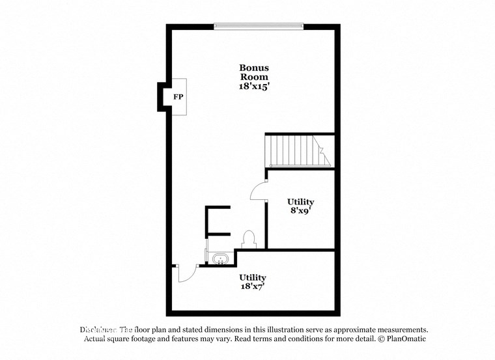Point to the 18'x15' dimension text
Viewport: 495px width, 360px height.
(x=253, y=85)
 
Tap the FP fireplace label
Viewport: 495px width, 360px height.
(x=178, y=97)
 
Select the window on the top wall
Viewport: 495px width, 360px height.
(x=259, y=27)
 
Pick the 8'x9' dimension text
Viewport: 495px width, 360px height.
(x=300, y=211)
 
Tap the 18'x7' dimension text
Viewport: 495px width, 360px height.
(x=252, y=286)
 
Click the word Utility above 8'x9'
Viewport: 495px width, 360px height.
(x=300, y=202)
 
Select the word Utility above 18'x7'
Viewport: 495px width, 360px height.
(x=252, y=277)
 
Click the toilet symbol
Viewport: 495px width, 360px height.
(x=248, y=239)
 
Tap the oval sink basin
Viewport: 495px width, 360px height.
(x=221, y=260)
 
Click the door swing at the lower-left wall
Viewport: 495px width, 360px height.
(x=185, y=273)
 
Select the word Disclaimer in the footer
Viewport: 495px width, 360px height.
(x=98, y=330)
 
